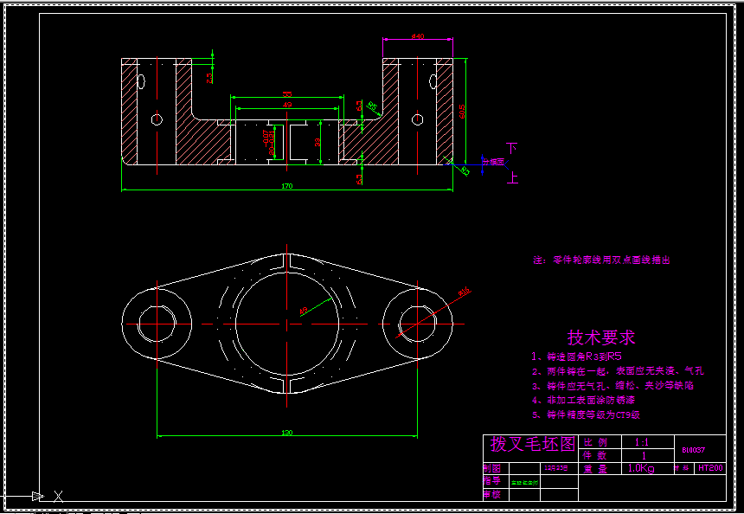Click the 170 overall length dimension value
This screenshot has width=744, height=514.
pos(287,185)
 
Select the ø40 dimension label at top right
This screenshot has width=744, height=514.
pos(417,36)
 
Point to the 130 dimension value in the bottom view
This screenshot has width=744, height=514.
pos(287,432)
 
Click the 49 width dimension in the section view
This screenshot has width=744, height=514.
pos(287,105)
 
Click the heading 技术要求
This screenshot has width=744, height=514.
pos(601,337)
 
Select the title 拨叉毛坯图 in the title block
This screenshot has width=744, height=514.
pos(533,444)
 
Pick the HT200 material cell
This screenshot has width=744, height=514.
pos(710,468)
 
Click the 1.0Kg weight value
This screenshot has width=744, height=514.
pos(641,468)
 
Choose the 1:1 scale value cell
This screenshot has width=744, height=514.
pos(641,442)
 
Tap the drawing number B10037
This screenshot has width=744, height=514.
pos(694,450)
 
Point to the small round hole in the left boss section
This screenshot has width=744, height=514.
pos(157,119)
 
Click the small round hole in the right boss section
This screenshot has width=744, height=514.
pos(418,119)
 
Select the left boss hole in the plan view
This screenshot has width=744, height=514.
pos(157,324)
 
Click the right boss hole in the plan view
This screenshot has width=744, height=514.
pos(418,324)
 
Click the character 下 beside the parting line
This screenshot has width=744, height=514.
pos(512,149)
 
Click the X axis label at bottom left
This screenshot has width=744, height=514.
pos(59,496)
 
